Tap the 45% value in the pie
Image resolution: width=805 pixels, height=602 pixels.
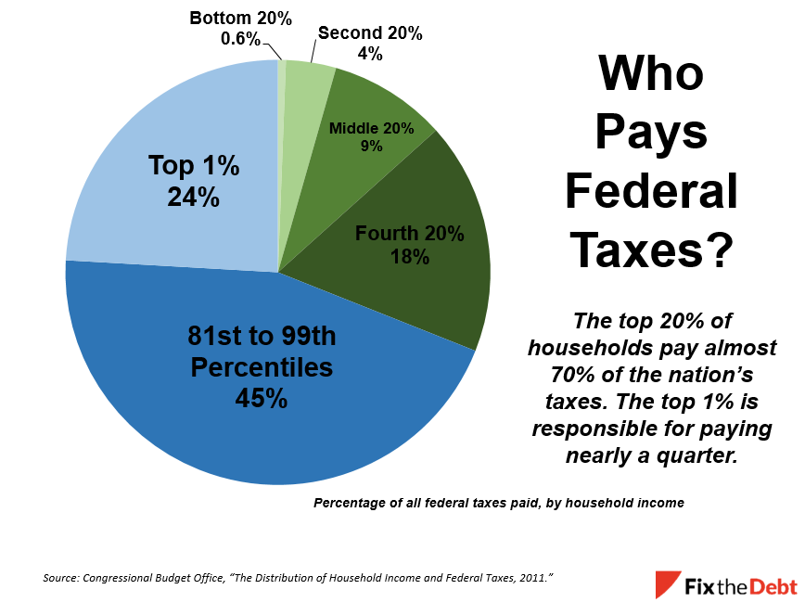click(x=262, y=399)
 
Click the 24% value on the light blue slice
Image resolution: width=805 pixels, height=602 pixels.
click(x=194, y=197)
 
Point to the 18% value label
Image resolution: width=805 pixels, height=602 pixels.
click(x=409, y=257)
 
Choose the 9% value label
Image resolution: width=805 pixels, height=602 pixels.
click(x=372, y=146)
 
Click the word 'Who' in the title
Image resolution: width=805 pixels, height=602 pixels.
click(x=650, y=74)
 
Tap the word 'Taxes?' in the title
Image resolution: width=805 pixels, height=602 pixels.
click(x=651, y=250)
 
